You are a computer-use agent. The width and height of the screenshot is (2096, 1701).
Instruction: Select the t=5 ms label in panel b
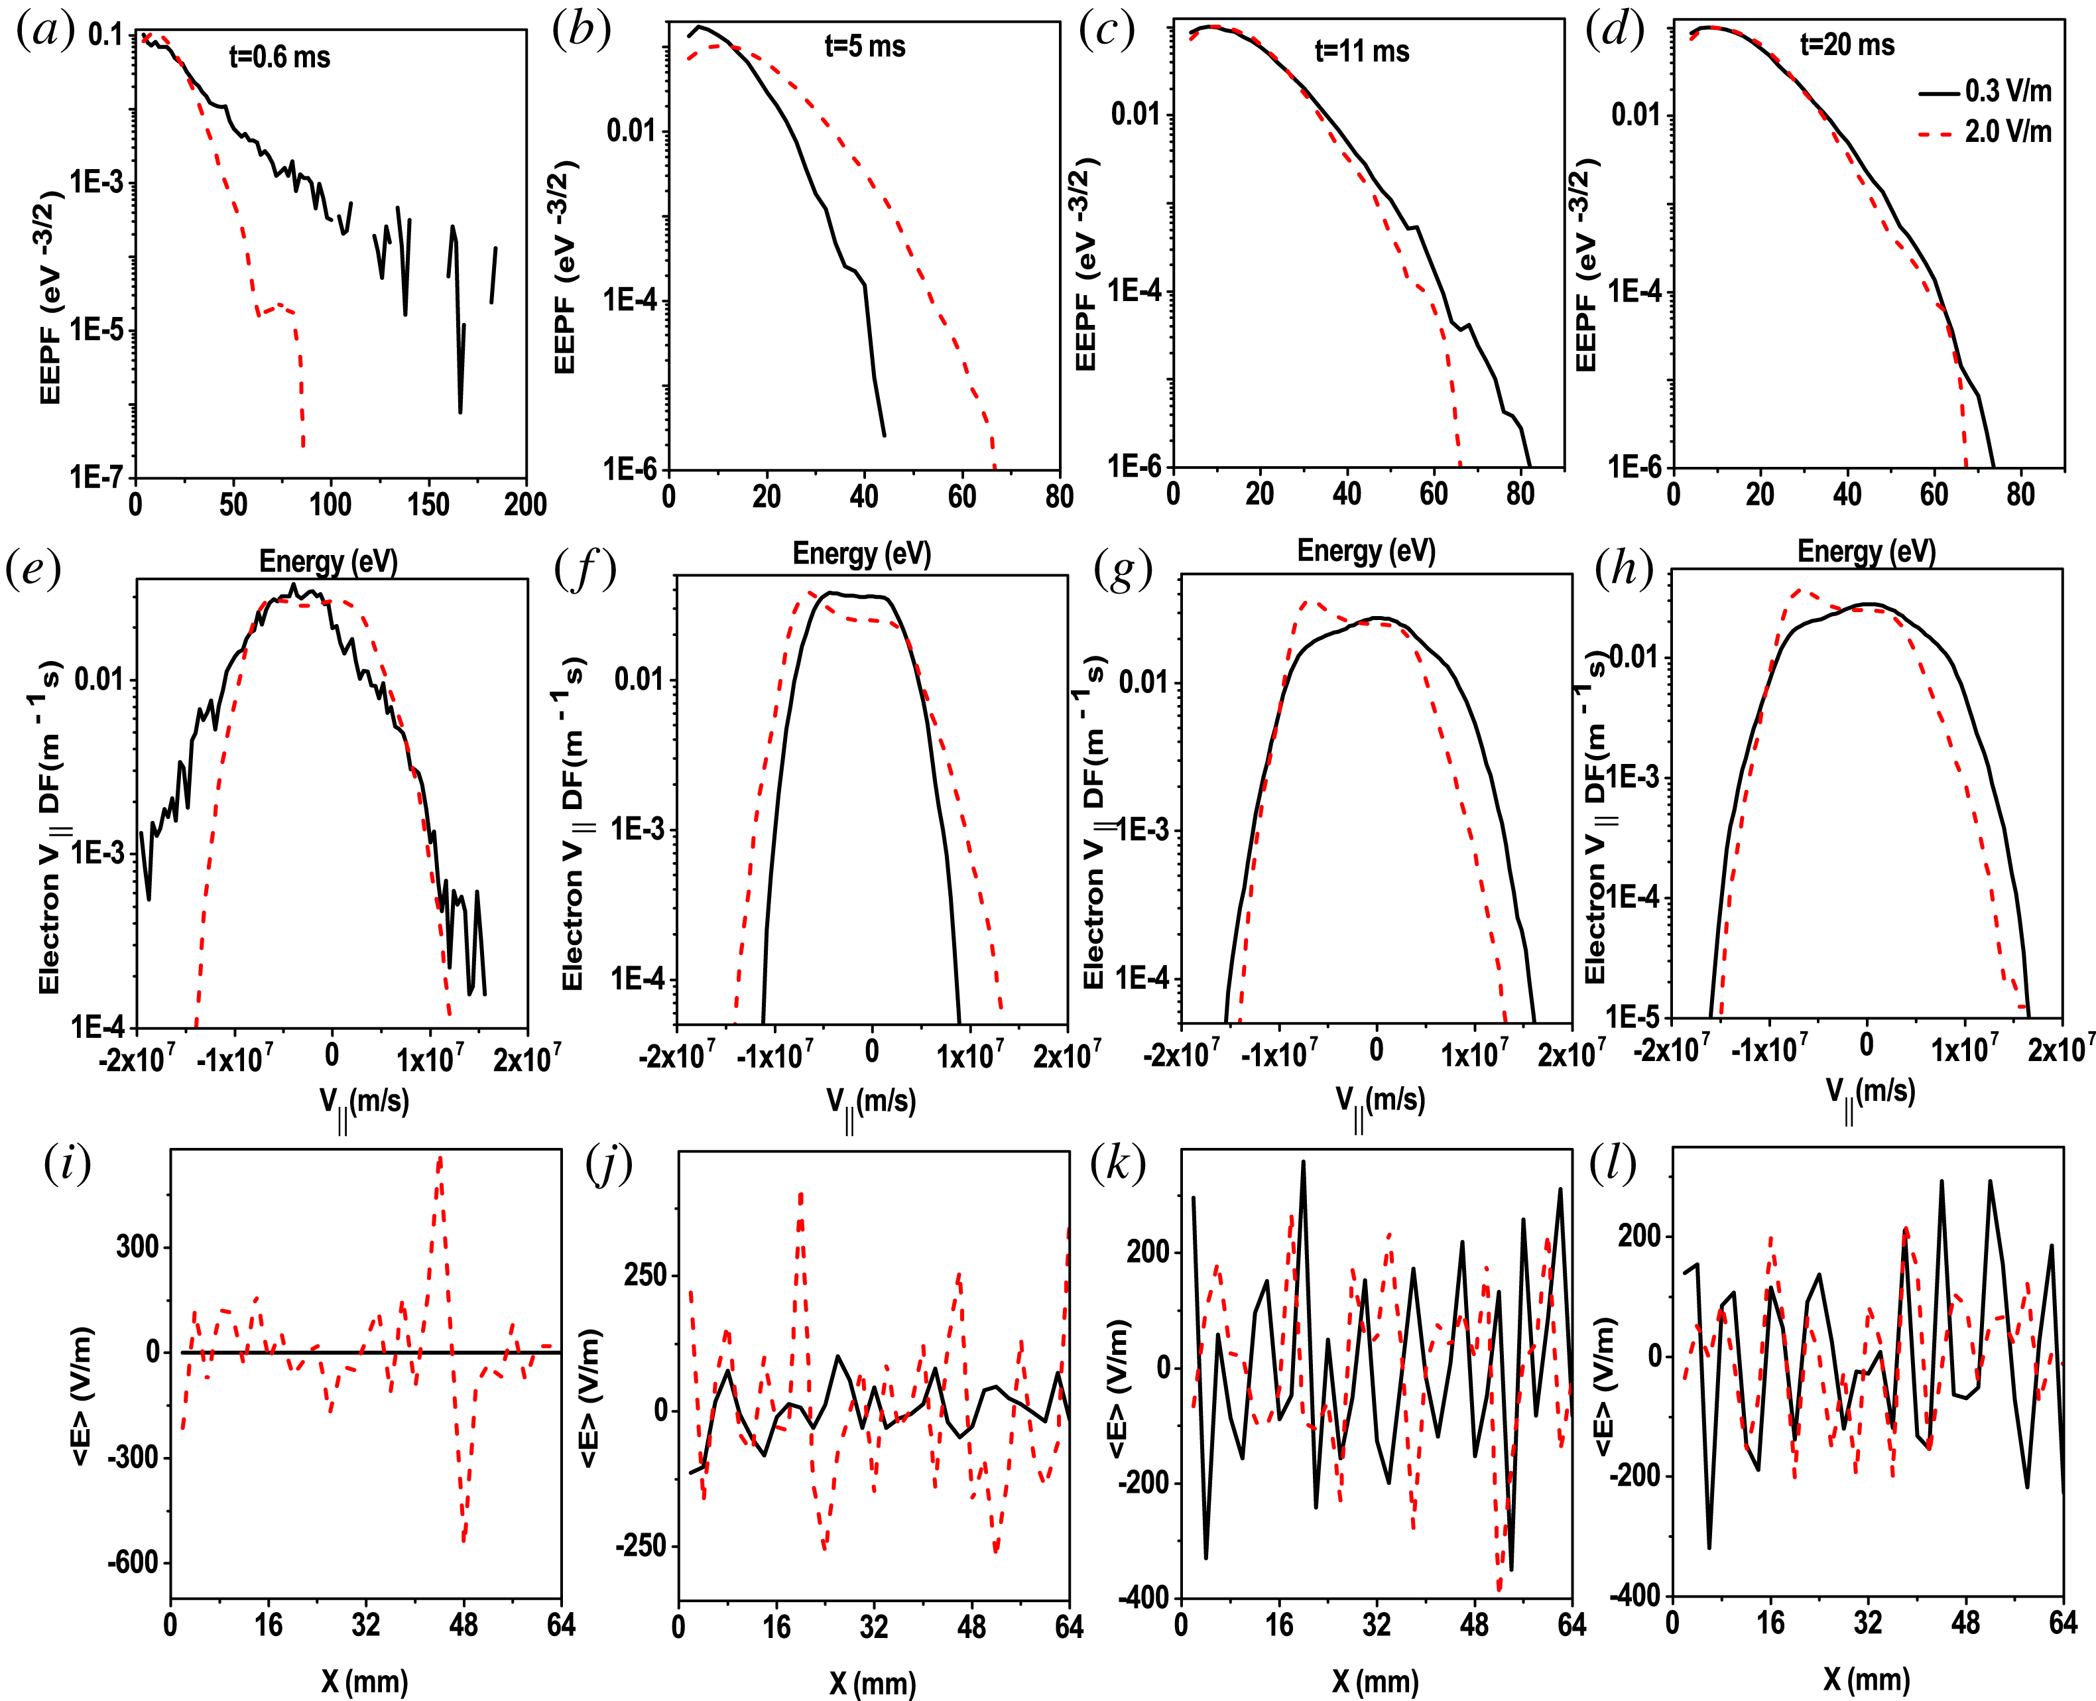[864, 46]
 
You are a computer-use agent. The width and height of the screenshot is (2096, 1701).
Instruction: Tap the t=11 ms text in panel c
[1361, 51]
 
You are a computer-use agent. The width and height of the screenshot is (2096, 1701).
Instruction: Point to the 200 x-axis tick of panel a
[525, 505]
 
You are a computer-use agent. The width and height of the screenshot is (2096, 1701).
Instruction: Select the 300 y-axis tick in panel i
[138, 1247]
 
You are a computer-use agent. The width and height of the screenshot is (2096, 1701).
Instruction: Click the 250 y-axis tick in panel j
[645, 1275]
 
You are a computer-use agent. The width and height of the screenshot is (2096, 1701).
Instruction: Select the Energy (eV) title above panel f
[861, 554]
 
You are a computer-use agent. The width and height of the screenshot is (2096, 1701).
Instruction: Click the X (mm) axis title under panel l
[1867, 1679]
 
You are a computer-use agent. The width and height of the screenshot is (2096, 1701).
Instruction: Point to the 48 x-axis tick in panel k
[1474, 1625]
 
